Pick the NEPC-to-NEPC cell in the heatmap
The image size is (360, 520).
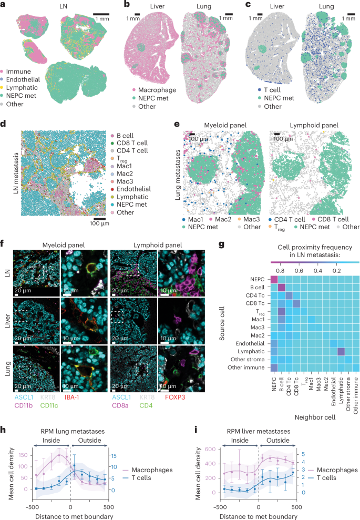274,282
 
